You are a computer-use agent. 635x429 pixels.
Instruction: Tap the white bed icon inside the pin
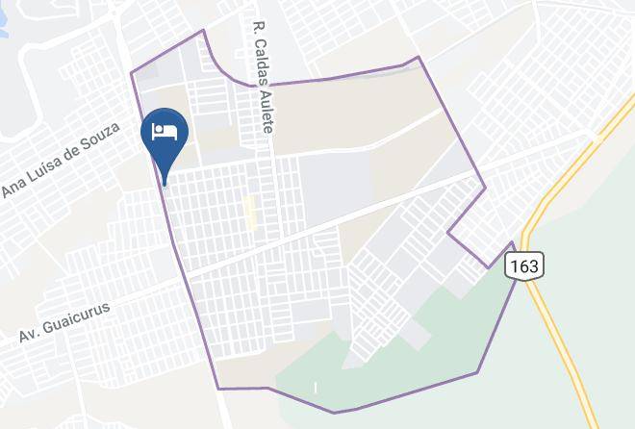coord(165,132)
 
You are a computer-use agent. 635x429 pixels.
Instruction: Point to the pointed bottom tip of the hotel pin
coord(165,183)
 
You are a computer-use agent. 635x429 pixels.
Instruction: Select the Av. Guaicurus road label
coord(64,323)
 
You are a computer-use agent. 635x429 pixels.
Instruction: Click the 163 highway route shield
coord(525,265)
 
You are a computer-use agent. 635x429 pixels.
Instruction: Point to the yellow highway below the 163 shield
coord(558,327)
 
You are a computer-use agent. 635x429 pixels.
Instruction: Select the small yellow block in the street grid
coord(251,212)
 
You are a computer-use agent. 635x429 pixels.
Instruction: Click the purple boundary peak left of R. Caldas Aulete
coord(203,31)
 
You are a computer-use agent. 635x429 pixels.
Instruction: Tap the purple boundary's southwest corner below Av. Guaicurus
coord(218,388)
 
